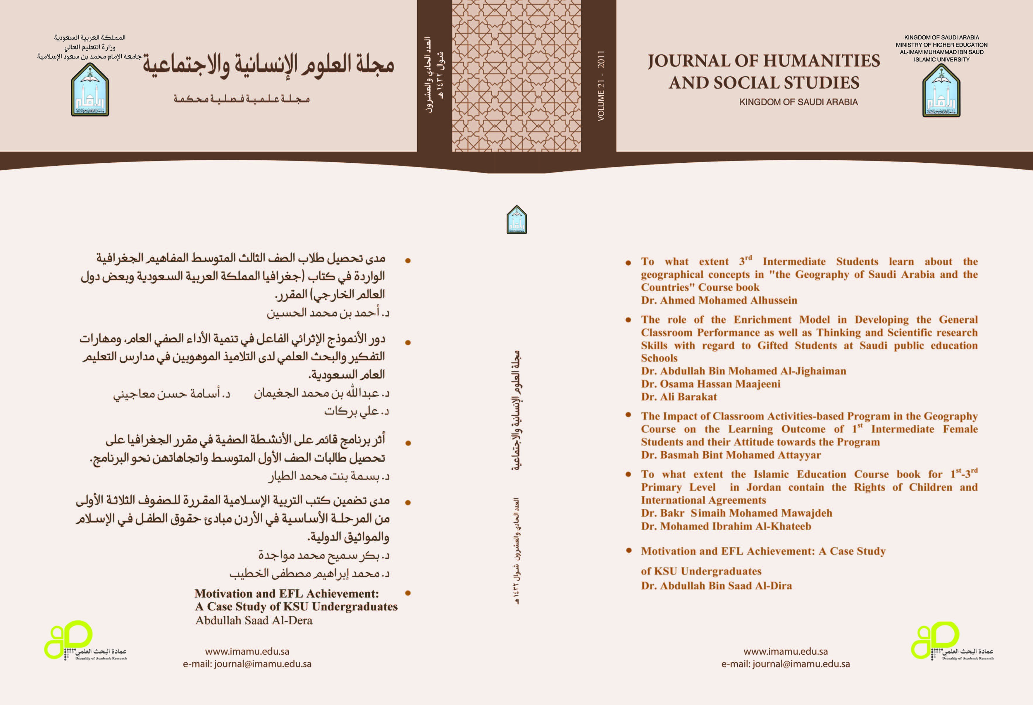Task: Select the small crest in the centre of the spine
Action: [x=516, y=220]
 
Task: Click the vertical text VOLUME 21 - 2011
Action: [x=601, y=85]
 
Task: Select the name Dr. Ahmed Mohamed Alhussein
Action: [x=719, y=300]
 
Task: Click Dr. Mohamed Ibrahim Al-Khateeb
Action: [x=726, y=526]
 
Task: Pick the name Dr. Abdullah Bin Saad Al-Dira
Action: [x=716, y=586]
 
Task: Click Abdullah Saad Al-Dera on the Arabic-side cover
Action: [x=254, y=620]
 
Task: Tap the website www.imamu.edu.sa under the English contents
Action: [x=785, y=652]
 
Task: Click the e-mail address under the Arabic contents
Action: [x=247, y=664]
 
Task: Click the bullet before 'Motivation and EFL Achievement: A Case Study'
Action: [x=629, y=550]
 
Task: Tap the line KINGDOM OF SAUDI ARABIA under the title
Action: [x=798, y=102]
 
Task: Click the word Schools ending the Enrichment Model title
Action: [x=659, y=358]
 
